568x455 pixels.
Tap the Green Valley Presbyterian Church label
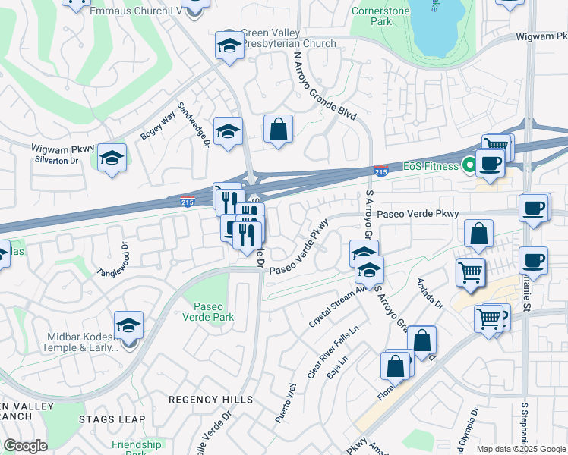pyautogui.click(x=288, y=38)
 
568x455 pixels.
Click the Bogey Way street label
pyautogui.click(x=158, y=125)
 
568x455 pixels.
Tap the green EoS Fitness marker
pyautogui.click(x=469, y=164)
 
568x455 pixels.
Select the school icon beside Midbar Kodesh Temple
pyautogui.click(x=129, y=327)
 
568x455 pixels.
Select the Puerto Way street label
pyautogui.click(x=286, y=402)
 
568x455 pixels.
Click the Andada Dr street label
pyautogui.click(x=429, y=294)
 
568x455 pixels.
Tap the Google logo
pyautogui.click(x=25, y=445)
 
